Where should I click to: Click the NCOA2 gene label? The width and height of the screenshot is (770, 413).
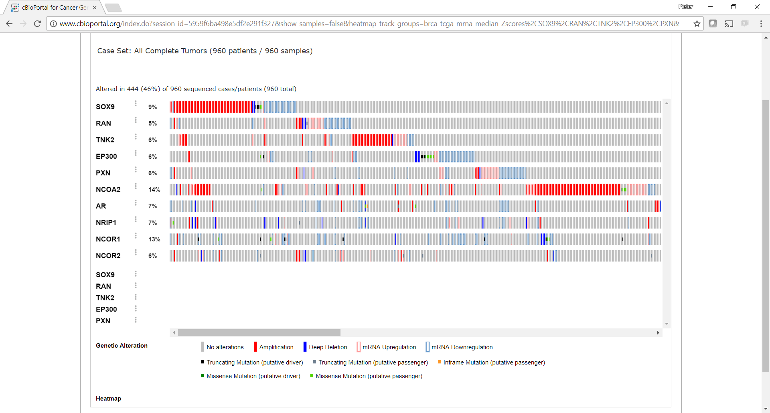pyautogui.click(x=108, y=189)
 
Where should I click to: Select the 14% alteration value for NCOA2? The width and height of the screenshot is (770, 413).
pyautogui.click(x=154, y=190)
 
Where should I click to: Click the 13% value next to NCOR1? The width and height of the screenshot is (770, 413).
pyautogui.click(x=154, y=239)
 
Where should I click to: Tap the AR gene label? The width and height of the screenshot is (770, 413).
pyautogui.click(x=101, y=206)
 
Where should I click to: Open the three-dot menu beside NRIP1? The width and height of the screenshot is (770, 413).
pyautogui.click(x=136, y=219)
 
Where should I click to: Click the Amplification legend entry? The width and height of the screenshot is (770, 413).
pyautogui.click(x=276, y=347)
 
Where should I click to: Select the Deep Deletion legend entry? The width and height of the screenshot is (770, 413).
pyautogui.click(x=327, y=347)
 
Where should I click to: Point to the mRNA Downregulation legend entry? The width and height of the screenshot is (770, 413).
pyautogui.click(x=462, y=347)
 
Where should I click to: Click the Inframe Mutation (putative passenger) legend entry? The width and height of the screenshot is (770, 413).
pyautogui.click(x=494, y=362)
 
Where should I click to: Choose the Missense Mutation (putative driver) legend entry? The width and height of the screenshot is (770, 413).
pyautogui.click(x=253, y=376)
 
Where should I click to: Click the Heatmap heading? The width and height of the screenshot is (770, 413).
pyautogui.click(x=108, y=399)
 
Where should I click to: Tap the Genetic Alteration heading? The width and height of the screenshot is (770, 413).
pyautogui.click(x=122, y=346)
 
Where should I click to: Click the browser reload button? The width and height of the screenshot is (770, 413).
pyautogui.click(x=37, y=24)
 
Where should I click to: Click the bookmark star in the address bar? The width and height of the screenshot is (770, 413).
pyautogui.click(x=697, y=24)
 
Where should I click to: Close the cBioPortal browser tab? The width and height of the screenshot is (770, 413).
pyautogui.click(x=95, y=8)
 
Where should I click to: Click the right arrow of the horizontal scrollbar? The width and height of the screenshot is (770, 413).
pyautogui.click(x=658, y=332)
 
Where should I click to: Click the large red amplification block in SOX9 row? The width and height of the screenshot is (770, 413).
pyautogui.click(x=213, y=107)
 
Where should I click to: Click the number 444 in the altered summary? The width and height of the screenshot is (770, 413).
pyautogui.click(x=133, y=89)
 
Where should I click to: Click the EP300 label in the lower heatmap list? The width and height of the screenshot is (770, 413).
pyautogui.click(x=106, y=309)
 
